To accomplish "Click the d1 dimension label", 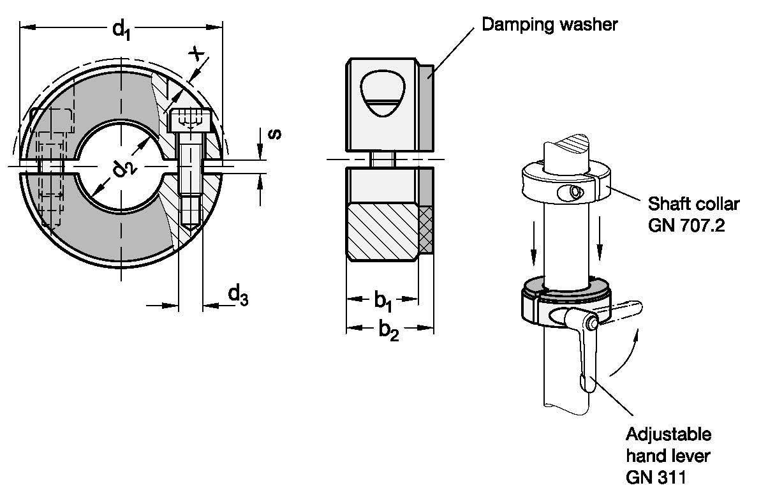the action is tap(121, 29).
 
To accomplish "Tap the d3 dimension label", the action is tap(238, 295).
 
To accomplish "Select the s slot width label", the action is tap(275, 133).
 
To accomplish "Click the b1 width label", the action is tap(383, 302).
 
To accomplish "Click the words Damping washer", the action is tap(549, 24).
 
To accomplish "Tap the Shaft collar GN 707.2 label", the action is tap(693, 214).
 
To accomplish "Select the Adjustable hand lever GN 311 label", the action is tap(669, 456).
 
